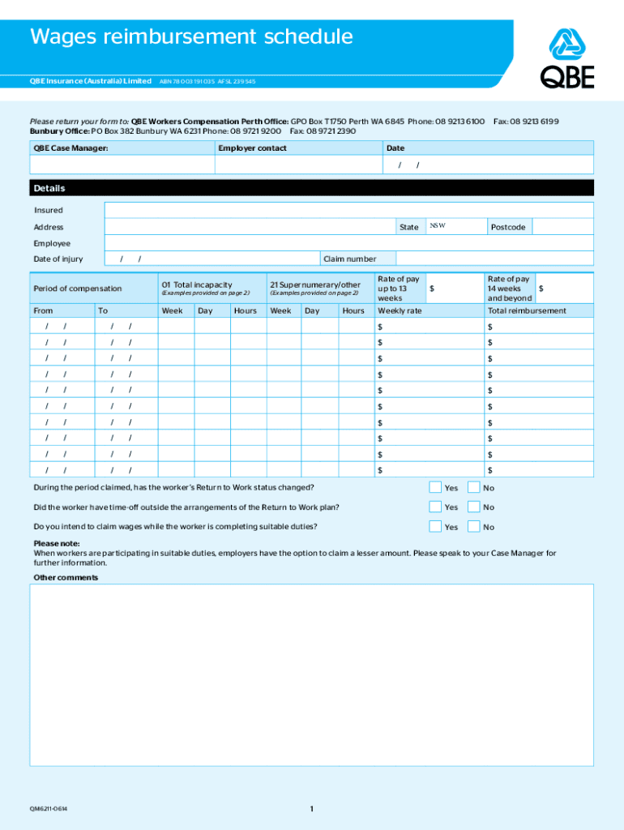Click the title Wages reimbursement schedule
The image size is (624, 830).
191,36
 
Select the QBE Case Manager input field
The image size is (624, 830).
122,165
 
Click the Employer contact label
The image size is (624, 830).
252,148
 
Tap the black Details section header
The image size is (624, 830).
311,188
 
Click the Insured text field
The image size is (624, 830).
348,210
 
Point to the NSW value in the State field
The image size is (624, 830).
438,225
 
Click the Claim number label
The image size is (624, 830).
349,259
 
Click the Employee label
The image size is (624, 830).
52,243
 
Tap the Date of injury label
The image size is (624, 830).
58,259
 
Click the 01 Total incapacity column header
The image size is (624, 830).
197,285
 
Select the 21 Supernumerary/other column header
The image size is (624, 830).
314,285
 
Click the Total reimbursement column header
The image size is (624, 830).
526,311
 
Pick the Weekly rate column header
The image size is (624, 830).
400,311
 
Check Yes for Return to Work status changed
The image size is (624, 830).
435,487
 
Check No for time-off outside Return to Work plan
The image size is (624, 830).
474,507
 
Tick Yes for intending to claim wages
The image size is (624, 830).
435,526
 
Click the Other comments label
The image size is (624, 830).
66,578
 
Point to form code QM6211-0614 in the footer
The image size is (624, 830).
49,809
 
